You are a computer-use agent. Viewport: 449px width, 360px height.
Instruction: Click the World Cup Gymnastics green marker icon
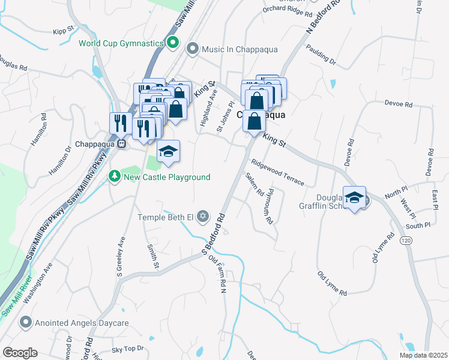point(173,43)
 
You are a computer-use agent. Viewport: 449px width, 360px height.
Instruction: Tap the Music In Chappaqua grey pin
point(193,48)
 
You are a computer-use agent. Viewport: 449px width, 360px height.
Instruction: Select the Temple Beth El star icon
point(203,217)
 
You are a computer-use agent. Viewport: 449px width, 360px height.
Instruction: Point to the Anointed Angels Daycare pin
point(25,323)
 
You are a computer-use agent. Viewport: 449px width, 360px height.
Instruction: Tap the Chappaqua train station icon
point(121,144)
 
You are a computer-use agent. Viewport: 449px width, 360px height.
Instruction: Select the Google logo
point(20,353)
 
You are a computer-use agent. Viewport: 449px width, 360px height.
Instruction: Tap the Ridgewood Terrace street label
point(278,172)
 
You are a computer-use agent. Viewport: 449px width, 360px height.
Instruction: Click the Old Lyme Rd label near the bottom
point(332,283)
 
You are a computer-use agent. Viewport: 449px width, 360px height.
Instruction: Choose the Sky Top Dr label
point(128,349)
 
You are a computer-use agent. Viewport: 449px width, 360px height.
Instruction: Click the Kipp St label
point(63,29)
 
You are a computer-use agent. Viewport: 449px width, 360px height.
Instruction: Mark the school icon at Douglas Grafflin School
point(355,197)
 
